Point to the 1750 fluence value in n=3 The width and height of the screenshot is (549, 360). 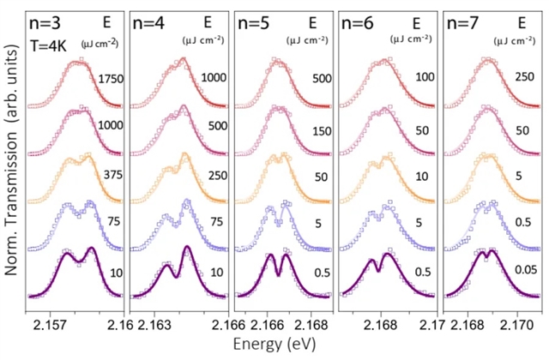point(110,79)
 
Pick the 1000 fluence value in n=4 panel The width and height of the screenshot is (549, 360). point(214,79)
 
